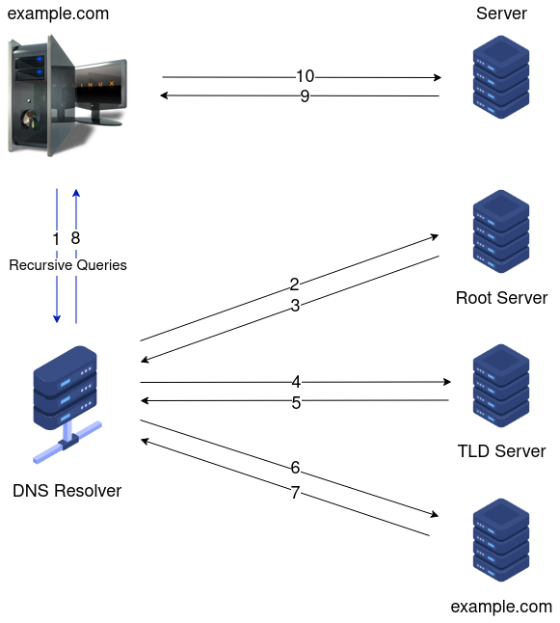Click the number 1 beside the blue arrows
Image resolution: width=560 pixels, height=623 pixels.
(x=57, y=238)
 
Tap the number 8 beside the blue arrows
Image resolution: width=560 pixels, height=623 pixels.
(x=75, y=238)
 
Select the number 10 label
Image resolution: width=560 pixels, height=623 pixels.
(x=305, y=76)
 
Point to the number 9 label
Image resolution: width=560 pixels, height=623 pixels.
(x=305, y=96)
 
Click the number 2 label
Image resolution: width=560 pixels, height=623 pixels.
(x=295, y=284)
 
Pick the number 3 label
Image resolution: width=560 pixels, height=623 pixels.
(x=295, y=306)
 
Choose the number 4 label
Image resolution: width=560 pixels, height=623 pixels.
(x=297, y=382)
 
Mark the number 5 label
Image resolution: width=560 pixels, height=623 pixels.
(x=297, y=403)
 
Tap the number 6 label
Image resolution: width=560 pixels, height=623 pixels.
(x=296, y=468)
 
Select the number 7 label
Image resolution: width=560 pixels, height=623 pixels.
(x=296, y=493)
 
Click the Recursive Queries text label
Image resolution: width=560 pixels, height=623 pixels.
(x=67, y=264)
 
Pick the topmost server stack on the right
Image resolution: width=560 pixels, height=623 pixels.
(x=500, y=77)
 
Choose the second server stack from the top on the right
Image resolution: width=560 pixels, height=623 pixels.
(x=500, y=231)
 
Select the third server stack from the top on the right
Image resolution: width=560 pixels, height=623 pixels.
(x=500, y=386)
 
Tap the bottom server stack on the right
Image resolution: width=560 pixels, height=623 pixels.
(x=500, y=540)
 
